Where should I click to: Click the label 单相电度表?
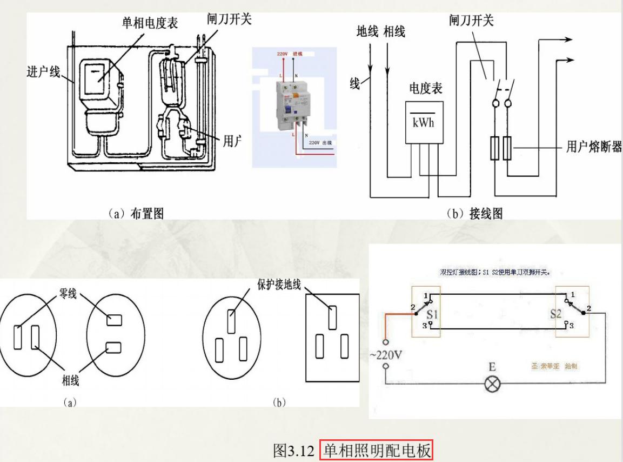pyautogui.click(x=150, y=23)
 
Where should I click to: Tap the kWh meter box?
pyautogui.click(x=424, y=122)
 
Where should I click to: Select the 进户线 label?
pyautogui.click(x=44, y=71)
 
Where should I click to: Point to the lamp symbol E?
pyautogui.click(x=493, y=385)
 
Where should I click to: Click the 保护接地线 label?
pyautogui.click(x=279, y=285)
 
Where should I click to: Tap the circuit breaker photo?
pyautogui.click(x=291, y=104)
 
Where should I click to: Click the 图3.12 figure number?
pyautogui.click(x=293, y=450)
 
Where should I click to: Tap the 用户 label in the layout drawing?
pyautogui.click(x=232, y=141)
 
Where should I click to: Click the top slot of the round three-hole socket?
pyautogui.click(x=231, y=321)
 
